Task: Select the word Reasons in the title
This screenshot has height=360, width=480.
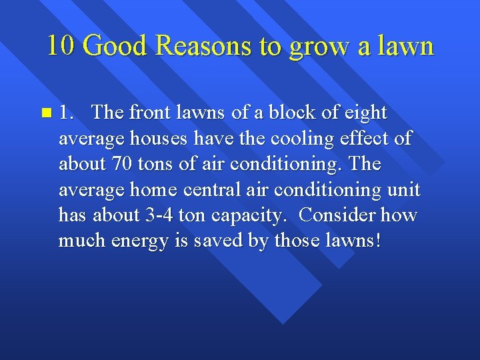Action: point(199,46)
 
